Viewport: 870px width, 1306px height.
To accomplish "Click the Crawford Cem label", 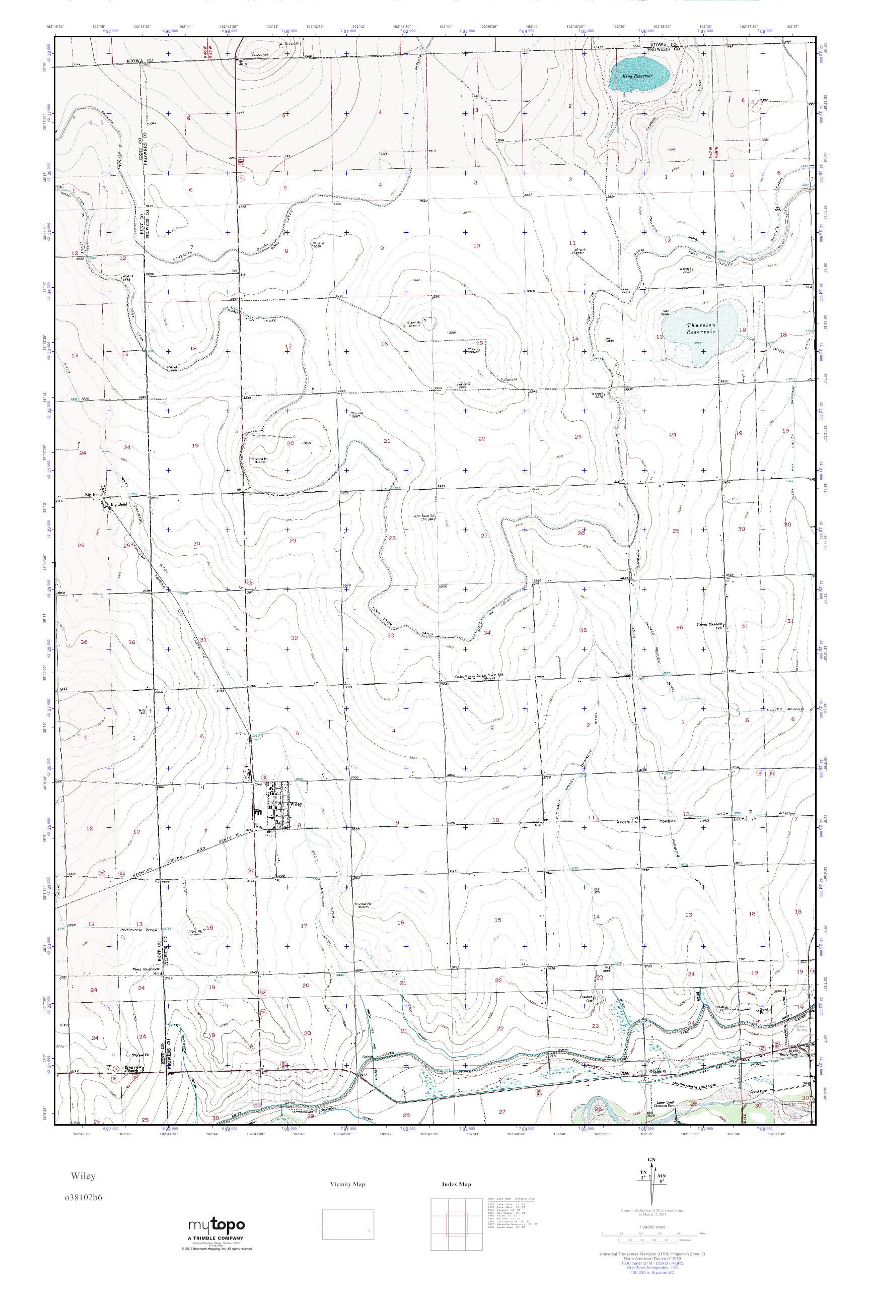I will (591, 998).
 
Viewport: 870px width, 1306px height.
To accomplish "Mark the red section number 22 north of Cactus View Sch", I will (482, 439).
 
